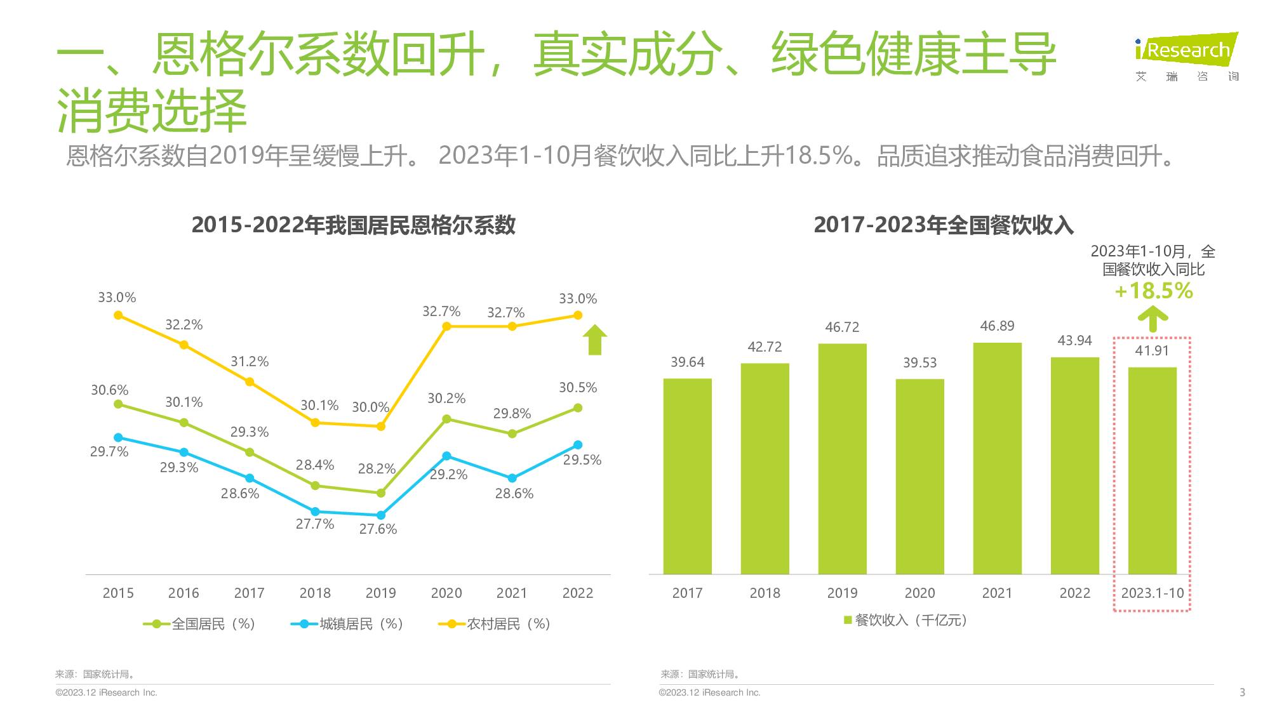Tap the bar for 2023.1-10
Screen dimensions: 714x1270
click(1152, 470)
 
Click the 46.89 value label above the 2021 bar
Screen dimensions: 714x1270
click(997, 326)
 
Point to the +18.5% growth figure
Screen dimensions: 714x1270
click(1154, 291)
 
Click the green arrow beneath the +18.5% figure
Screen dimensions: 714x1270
click(1153, 319)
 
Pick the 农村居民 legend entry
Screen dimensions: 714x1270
click(495, 624)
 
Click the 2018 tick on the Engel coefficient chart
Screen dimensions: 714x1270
click(315, 593)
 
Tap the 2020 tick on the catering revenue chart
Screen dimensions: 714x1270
click(919, 593)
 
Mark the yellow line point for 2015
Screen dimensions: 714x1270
click(118, 315)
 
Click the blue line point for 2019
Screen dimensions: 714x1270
click(381, 515)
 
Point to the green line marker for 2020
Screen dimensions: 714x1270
click(446, 419)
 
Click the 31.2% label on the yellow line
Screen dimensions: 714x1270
click(250, 362)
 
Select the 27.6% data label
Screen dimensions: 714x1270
click(378, 529)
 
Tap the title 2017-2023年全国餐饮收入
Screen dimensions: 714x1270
click(944, 225)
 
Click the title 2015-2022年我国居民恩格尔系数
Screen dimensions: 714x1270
click(353, 225)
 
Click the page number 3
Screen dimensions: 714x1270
click(1242, 692)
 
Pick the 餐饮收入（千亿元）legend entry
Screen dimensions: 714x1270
click(906, 620)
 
